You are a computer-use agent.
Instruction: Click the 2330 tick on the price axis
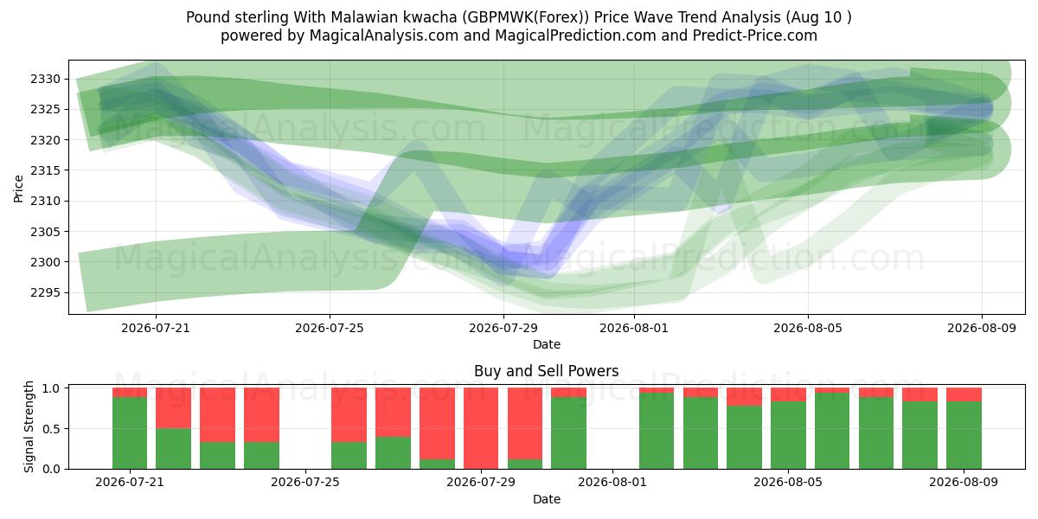pyautogui.click(x=45, y=80)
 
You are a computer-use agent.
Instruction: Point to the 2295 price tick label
pyautogui.click(x=45, y=293)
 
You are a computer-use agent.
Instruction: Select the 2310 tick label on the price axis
pyautogui.click(x=45, y=201)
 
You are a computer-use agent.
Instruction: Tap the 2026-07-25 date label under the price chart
pyautogui.click(x=330, y=328)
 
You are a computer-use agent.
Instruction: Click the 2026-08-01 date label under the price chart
pyautogui.click(x=634, y=328)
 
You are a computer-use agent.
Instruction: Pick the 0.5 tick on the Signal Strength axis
pyautogui.click(x=51, y=429)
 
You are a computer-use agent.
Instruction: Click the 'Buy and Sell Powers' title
pyautogui.click(x=547, y=371)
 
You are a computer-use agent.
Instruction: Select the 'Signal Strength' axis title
pyautogui.click(x=29, y=426)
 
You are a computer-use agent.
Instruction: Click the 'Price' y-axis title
pyautogui.click(x=18, y=189)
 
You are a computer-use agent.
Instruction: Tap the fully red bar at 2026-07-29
pyautogui.click(x=481, y=429)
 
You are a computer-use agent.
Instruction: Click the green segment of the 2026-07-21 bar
pyautogui.click(x=130, y=432)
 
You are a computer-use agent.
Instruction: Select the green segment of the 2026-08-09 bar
pyautogui.click(x=964, y=435)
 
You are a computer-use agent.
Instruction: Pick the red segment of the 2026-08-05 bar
pyautogui.click(x=788, y=394)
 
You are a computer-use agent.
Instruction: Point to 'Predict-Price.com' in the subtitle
pyautogui.click(x=755, y=35)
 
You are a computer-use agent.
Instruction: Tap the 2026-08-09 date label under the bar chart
pyautogui.click(x=964, y=483)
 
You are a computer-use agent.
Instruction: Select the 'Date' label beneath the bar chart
pyautogui.click(x=547, y=499)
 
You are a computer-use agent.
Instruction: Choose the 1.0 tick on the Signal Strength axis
pyautogui.click(x=51, y=388)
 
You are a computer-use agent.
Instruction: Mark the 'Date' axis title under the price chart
pyautogui.click(x=547, y=344)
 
